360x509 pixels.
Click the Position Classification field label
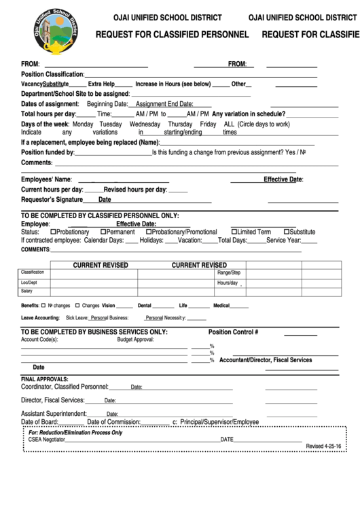point(52,73)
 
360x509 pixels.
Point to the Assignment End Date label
point(164,104)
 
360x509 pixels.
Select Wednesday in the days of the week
point(145,124)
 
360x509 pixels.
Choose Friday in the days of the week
point(208,124)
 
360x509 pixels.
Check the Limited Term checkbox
point(234,232)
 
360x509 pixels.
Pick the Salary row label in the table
point(26,291)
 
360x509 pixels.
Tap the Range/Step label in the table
point(229,272)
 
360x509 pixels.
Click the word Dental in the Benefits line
point(145,306)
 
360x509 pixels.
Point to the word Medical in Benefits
point(221,306)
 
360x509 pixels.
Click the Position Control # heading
point(233,332)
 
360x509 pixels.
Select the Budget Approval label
point(136,338)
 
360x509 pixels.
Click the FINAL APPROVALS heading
point(45,379)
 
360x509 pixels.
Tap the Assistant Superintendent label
point(54,413)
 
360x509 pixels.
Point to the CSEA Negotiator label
point(47,439)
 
